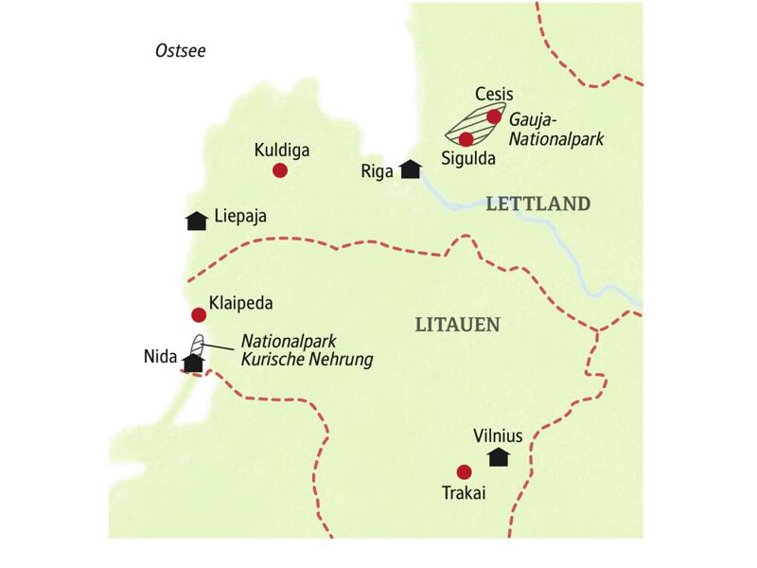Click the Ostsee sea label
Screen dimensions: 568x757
coord(180,50)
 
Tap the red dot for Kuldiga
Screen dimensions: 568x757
coord(279,170)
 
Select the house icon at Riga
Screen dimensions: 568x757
coord(410,169)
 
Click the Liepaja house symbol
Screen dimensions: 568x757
coord(197,220)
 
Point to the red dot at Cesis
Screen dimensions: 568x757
coord(493,117)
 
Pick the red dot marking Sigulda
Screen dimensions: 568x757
coord(466,139)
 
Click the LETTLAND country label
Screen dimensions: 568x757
coord(538,204)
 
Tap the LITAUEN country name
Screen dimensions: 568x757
coord(458,325)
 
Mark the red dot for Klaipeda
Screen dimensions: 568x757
coord(199,315)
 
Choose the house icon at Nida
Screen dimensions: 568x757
coord(194,362)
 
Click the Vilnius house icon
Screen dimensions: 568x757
coord(498,457)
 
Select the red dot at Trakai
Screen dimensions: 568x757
coord(463,471)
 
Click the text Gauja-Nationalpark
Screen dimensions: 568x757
coord(556,130)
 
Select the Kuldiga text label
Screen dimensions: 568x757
coord(282,150)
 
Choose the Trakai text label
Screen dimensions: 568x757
coord(463,492)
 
